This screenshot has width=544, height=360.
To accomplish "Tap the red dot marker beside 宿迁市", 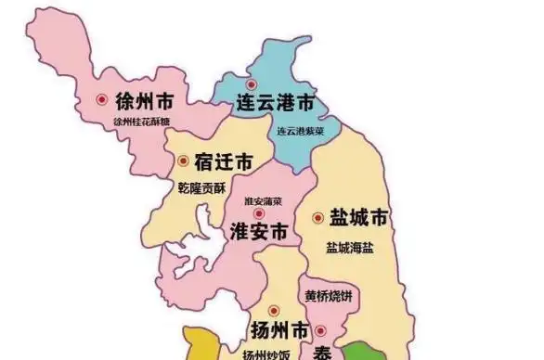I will coord(183,161).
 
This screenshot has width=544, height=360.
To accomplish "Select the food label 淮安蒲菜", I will coord(263,201).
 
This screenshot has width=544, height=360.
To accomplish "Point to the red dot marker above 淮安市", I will coord(259,213).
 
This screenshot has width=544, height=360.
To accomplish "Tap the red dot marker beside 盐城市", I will coord(317,219).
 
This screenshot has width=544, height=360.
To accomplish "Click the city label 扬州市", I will coord(278,329).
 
